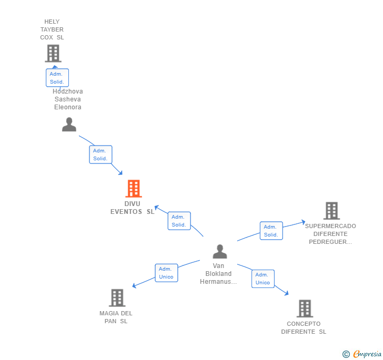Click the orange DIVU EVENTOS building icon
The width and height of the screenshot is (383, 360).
(134, 189)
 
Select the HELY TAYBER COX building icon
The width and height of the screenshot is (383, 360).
(53, 53)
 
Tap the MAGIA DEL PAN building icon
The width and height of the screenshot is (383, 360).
(117, 297)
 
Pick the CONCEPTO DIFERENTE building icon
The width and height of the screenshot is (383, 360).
(304, 308)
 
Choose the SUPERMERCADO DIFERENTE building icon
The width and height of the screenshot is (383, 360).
(331, 211)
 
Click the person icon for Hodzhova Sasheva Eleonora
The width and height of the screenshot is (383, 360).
(69, 125)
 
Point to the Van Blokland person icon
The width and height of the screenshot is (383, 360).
(220, 252)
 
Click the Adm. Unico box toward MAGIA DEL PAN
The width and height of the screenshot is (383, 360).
(166, 273)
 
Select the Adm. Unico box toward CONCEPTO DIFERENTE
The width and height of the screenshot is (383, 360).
(263, 279)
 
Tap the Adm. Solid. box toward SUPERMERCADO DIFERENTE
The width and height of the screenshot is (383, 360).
(271, 231)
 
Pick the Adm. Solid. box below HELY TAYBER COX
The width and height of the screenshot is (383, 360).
(57, 78)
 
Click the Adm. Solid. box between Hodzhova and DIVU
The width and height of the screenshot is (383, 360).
(100, 155)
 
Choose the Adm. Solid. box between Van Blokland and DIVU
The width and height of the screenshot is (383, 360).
(179, 221)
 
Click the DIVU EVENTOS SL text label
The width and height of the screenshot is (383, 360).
(133, 208)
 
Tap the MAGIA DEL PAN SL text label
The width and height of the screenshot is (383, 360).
(116, 317)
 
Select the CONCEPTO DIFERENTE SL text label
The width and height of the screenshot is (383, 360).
(304, 327)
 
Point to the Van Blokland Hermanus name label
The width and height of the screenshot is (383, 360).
(218, 274)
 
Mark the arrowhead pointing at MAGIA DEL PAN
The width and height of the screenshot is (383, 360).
(134, 286)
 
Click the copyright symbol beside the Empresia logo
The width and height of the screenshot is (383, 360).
(346, 355)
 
